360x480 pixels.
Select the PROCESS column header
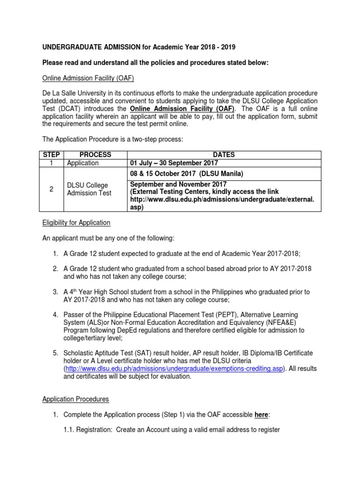click(x=95, y=155)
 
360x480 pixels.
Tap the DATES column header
click(x=224, y=155)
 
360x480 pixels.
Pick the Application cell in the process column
click(x=83, y=163)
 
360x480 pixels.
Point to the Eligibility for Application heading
click(x=76, y=223)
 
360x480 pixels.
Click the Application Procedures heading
click(x=75, y=399)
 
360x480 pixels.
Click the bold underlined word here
click(x=261, y=415)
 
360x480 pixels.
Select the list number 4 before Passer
click(x=55, y=314)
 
